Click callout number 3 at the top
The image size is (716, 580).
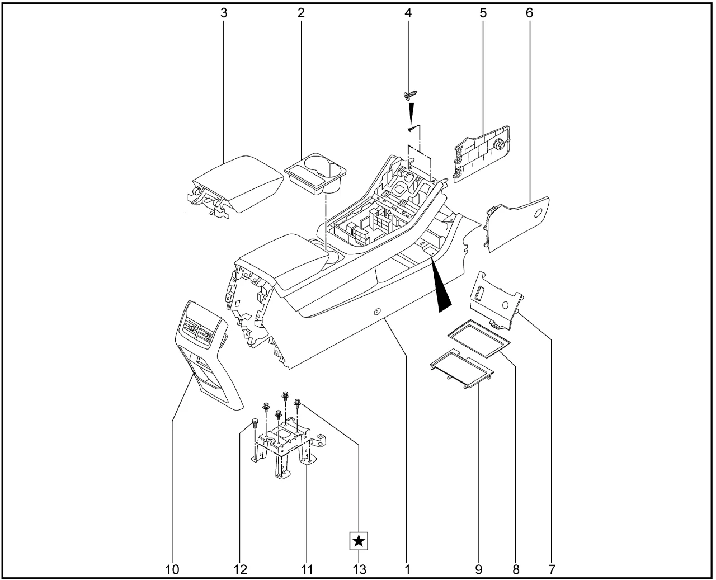pos(224,13)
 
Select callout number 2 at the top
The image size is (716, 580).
pos(301,13)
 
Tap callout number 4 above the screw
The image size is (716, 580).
pos(408,13)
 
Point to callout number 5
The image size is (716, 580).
pos(483,13)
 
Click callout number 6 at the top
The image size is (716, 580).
pos(529,13)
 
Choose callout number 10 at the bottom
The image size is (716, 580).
pos(172,569)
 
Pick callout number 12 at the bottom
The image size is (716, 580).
pos(240,569)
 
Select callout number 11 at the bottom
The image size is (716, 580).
pos(307,569)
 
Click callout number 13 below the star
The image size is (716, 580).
pos(359,569)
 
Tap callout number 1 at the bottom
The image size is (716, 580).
pos(408,569)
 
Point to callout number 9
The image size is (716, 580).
pos(479,569)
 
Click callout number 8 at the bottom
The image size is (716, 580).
pos(516,569)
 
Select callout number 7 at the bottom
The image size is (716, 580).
pos(552,569)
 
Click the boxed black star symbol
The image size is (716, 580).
pos(359,541)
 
